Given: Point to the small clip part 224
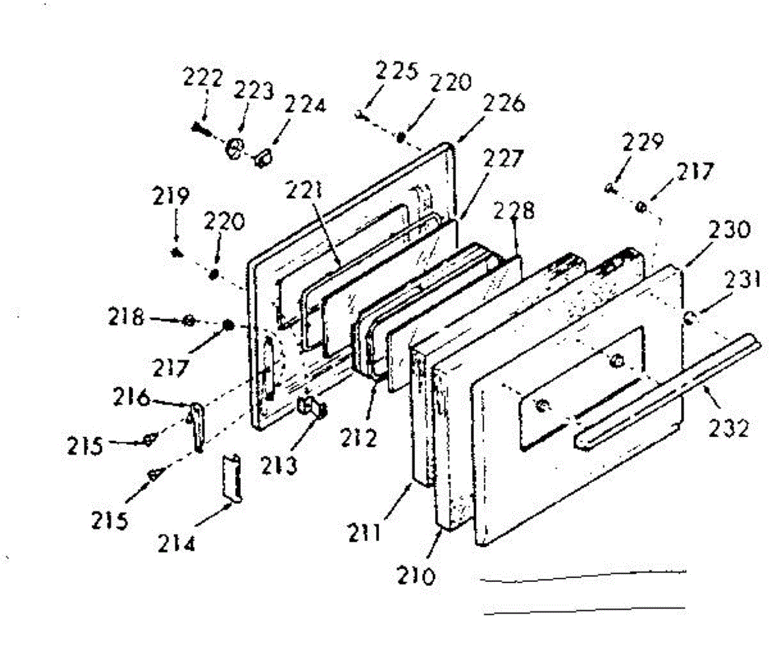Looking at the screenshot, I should (262, 157).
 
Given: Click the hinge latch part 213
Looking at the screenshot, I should (312, 409).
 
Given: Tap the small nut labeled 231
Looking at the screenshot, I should (690, 317).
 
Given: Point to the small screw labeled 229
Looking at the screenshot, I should (610, 188).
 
